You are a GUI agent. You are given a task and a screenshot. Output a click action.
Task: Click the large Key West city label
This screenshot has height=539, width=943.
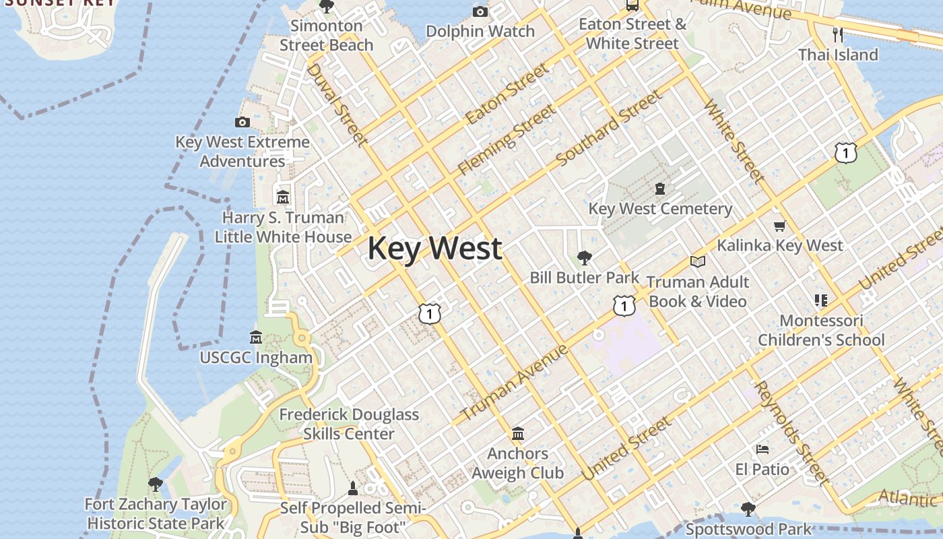(x=434, y=248)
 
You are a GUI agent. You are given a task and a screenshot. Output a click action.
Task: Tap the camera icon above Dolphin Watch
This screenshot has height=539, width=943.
(x=480, y=11)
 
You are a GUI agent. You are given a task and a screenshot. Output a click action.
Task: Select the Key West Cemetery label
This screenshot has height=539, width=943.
(x=660, y=209)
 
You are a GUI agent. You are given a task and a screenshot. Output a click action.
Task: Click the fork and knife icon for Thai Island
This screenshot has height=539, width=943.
(x=838, y=35)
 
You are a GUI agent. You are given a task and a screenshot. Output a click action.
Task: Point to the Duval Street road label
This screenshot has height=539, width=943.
(x=337, y=104)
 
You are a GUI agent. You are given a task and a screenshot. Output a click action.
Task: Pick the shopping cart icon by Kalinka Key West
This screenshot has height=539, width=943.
(x=780, y=226)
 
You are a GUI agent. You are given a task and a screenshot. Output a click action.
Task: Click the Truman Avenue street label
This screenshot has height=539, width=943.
(x=514, y=382)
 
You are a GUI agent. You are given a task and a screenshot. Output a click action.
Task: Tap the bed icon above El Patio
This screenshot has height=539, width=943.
(x=762, y=449)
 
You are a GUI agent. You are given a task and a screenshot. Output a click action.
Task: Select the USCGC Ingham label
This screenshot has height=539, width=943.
(x=256, y=358)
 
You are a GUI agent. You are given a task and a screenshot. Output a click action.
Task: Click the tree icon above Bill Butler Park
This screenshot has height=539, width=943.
(x=585, y=257)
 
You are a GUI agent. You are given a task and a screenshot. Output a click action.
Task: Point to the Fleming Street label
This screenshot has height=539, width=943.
(x=507, y=139)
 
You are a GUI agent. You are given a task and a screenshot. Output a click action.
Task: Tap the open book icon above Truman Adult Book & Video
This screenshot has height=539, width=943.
(x=698, y=261)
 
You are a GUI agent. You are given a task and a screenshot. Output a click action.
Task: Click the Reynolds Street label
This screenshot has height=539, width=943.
(x=791, y=432)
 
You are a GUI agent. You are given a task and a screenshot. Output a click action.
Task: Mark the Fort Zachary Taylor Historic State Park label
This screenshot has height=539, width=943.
(x=156, y=513)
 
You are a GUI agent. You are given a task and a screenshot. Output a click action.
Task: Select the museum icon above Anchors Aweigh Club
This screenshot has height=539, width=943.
(x=518, y=433)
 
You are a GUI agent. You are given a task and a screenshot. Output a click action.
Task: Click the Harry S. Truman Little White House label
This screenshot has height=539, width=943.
(x=283, y=227)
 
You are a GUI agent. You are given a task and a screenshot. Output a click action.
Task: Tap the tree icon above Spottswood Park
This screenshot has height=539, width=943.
(x=748, y=509)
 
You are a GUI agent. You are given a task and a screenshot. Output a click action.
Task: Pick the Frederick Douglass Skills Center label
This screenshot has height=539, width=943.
(x=349, y=424)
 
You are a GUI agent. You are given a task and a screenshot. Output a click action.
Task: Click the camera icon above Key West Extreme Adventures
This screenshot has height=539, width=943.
(x=242, y=122)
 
